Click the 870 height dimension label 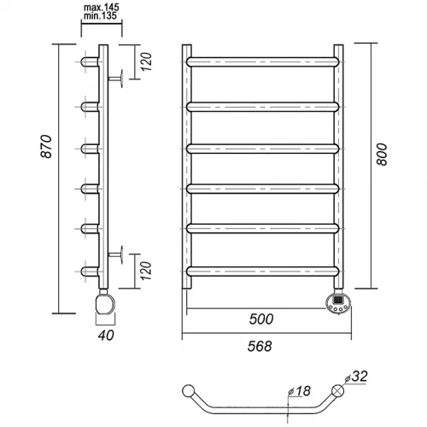point(46,147)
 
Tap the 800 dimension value point(382,155)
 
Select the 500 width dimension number point(261,319)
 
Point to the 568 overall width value point(260,346)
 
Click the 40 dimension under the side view point(106,335)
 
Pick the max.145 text point(102,8)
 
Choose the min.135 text point(100,16)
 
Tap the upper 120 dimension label point(146,61)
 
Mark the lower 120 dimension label point(146,271)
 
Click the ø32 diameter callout point(356,377)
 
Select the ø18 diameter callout point(299,391)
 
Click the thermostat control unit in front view point(338,303)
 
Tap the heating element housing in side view point(105,303)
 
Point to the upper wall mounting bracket point(116,79)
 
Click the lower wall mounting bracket point(116,254)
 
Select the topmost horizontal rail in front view point(263,61)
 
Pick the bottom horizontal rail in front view point(263,272)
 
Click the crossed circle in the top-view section point(338,390)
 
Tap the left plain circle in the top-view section point(188,390)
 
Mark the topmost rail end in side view point(90,61)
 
